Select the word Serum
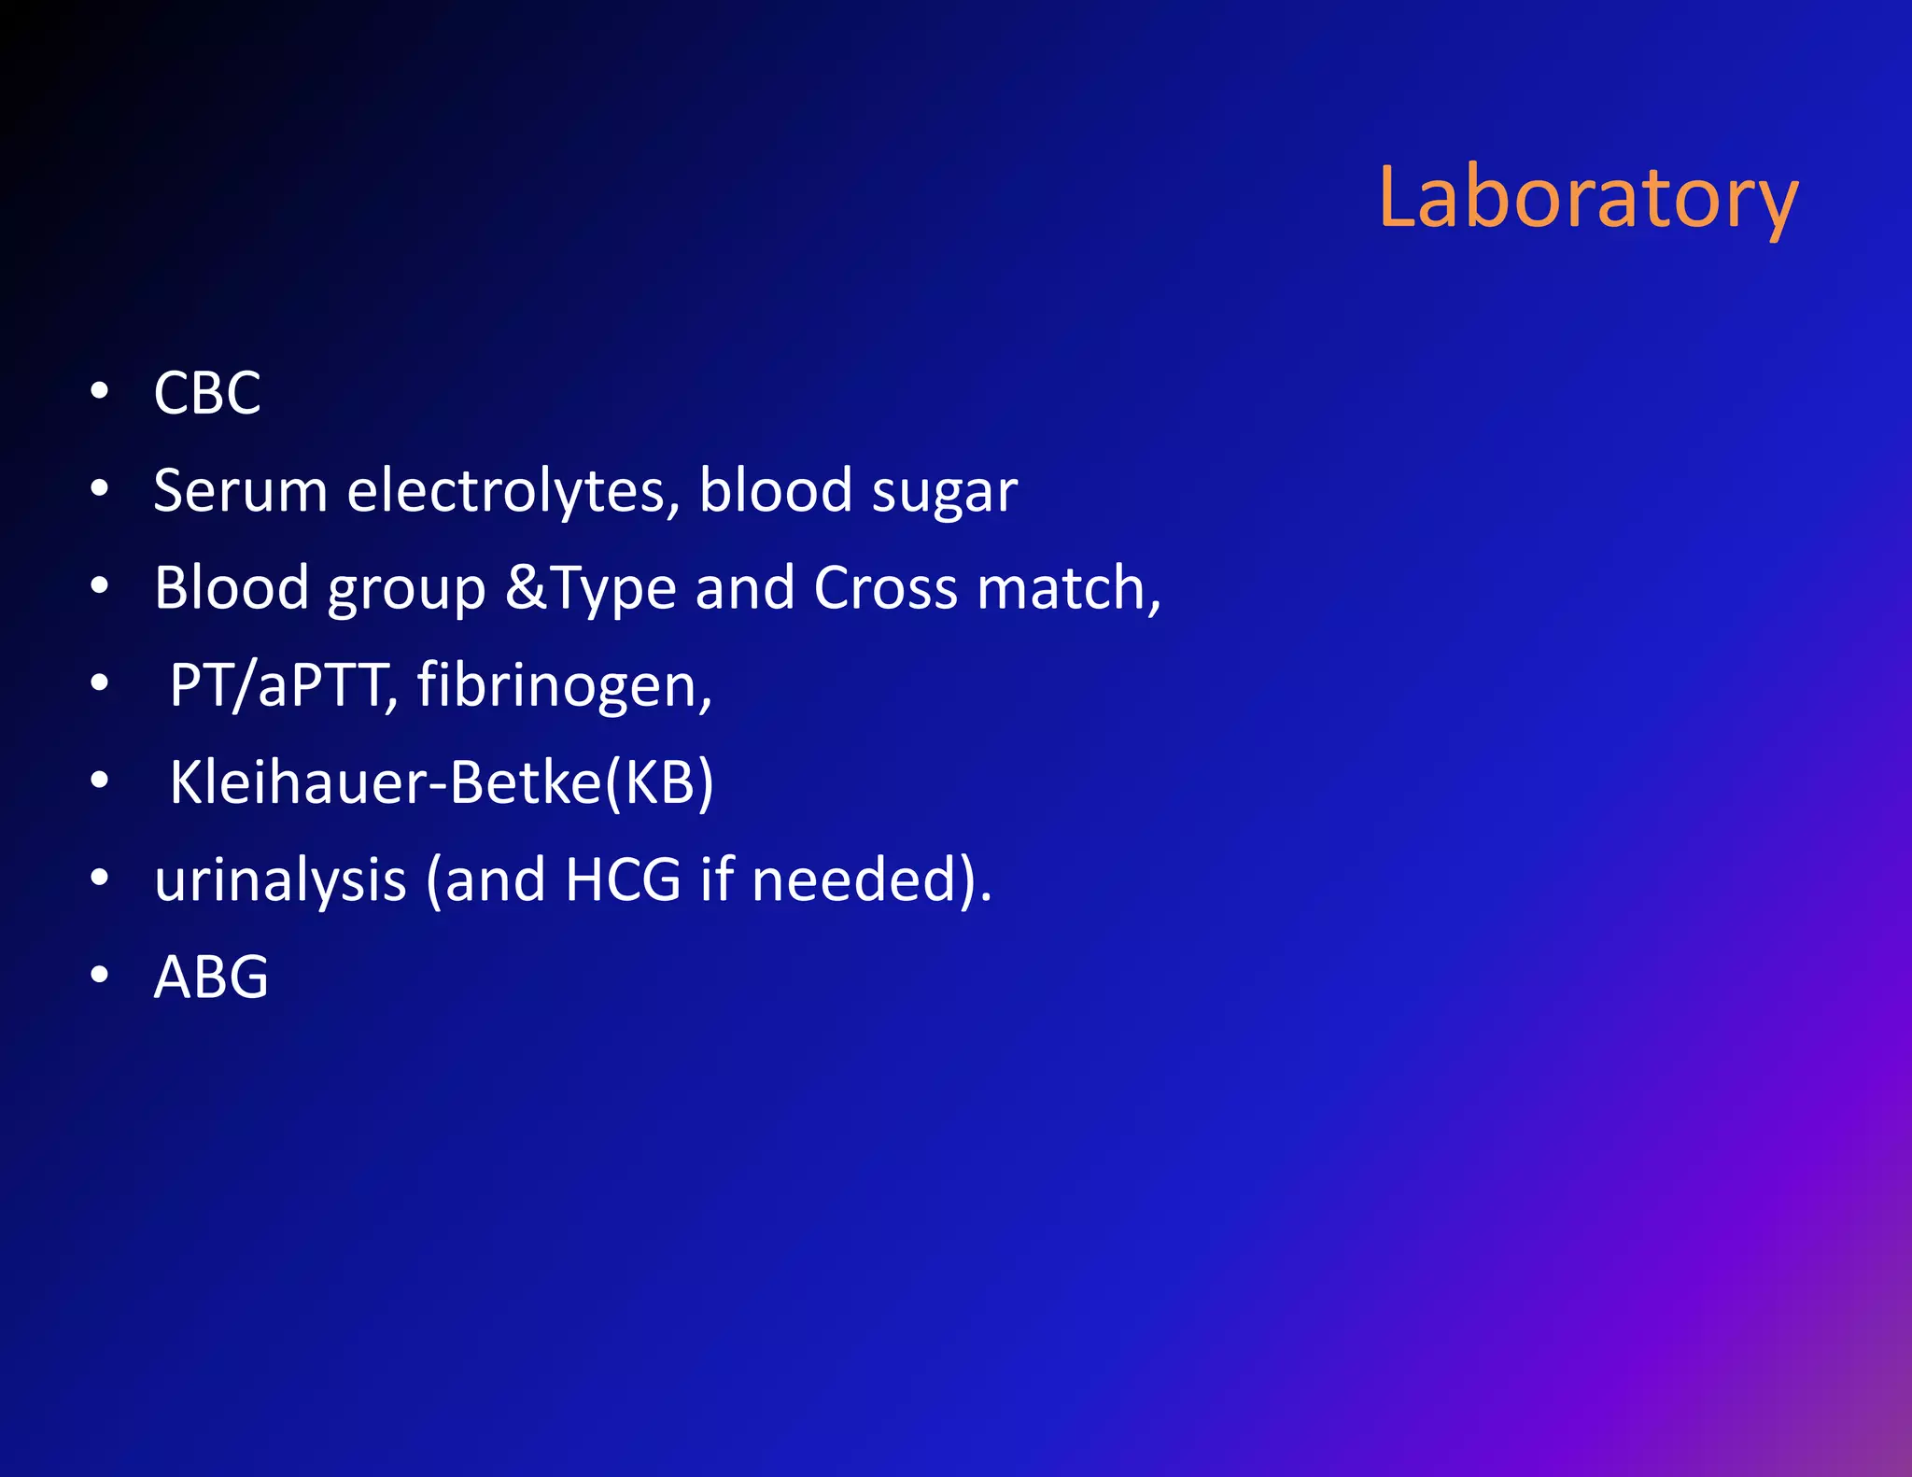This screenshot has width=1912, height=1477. coord(240,490)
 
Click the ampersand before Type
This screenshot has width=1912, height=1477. coord(527,587)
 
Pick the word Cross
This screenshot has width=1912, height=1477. coord(885,587)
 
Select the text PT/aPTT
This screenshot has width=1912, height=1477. coord(278,685)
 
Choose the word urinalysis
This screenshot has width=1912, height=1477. coord(280,880)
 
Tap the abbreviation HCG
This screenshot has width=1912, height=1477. coord(623,880)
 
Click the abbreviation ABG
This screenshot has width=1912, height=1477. coord(211,978)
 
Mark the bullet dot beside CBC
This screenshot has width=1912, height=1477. coord(100,392)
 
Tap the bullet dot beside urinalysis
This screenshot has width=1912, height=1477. coord(100,879)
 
